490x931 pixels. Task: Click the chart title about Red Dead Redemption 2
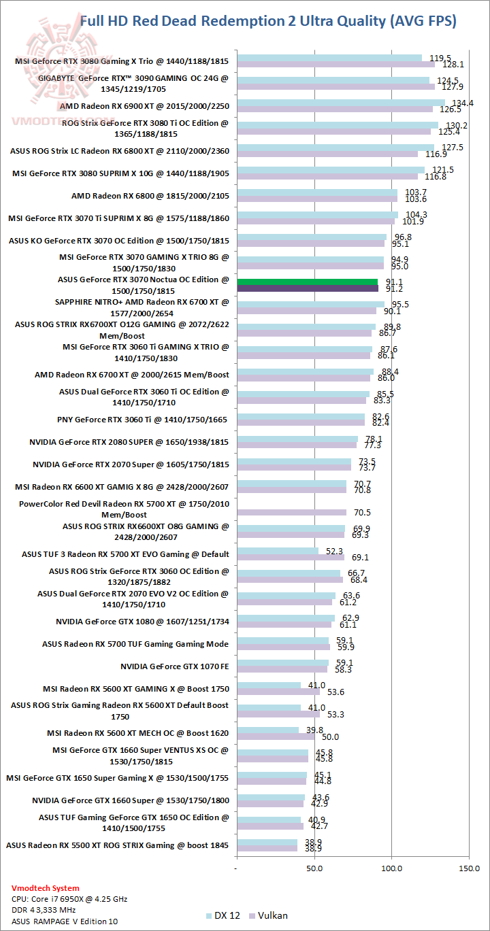(x=268, y=21)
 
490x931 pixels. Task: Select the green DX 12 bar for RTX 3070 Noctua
(x=307, y=282)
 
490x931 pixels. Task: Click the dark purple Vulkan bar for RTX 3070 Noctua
(x=307, y=288)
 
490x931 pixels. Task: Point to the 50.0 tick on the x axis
(x=314, y=868)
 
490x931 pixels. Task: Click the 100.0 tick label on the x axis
(x=392, y=868)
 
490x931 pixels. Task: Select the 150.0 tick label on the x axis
(x=470, y=868)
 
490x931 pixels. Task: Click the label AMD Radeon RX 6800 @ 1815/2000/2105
(x=150, y=196)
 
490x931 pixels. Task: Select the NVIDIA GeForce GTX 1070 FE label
(x=174, y=666)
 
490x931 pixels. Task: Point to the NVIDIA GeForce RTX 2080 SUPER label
(x=129, y=442)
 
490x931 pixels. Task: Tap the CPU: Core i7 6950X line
(x=69, y=899)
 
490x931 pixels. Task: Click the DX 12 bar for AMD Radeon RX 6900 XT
(x=340, y=103)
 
